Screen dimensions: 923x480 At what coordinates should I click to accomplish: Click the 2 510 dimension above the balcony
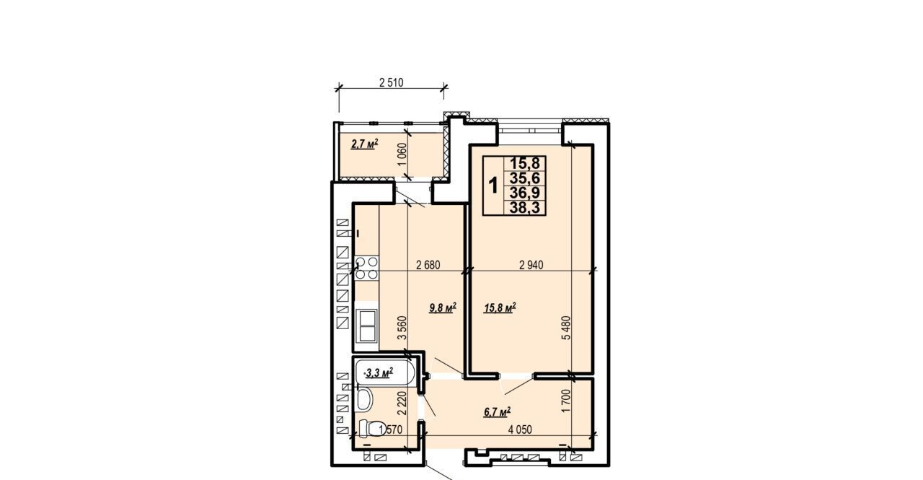(x=391, y=82)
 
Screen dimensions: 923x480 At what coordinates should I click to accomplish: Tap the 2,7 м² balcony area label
(x=364, y=144)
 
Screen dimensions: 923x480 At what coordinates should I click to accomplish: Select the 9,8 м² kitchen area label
(x=443, y=307)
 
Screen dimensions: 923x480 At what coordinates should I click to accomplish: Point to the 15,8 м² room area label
(x=500, y=307)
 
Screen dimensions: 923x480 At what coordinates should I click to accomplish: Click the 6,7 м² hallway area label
(x=498, y=411)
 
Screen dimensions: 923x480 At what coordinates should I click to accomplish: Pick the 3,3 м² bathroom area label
(x=379, y=373)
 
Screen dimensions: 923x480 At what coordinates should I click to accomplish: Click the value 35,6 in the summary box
(x=525, y=178)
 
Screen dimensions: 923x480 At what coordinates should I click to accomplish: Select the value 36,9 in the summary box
(x=525, y=193)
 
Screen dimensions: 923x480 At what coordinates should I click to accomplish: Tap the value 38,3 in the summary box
(x=525, y=207)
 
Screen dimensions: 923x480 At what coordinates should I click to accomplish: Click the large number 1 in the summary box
(x=493, y=186)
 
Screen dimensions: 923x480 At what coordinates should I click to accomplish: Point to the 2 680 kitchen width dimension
(x=428, y=265)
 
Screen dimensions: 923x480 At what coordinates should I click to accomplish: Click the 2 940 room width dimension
(x=531, y=265)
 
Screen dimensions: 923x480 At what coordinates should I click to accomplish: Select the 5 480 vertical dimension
(x=568, y=328)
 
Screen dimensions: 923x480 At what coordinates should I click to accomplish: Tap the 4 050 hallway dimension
(x=520, y=429)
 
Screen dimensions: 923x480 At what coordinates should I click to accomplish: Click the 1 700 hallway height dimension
(x=567, y=401)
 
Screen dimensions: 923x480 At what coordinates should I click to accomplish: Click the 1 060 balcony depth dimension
(x=402, y=154)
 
